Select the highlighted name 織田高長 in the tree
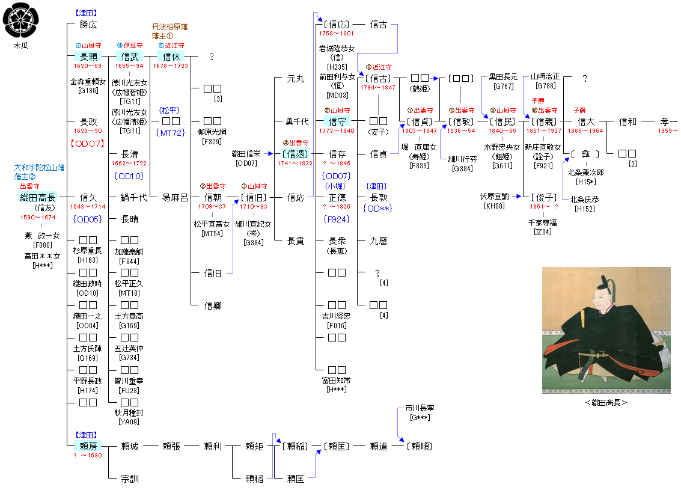click(37, 197)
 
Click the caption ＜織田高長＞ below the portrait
click(606, 402)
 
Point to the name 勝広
click(88, 25)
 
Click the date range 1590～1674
click(37, 217)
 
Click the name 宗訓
click(129, 479)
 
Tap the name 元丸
click(296, 79)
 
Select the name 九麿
click(378, 241)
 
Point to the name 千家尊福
click(542, 222)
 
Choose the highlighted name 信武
click(129, 57)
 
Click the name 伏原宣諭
click(494, 197)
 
